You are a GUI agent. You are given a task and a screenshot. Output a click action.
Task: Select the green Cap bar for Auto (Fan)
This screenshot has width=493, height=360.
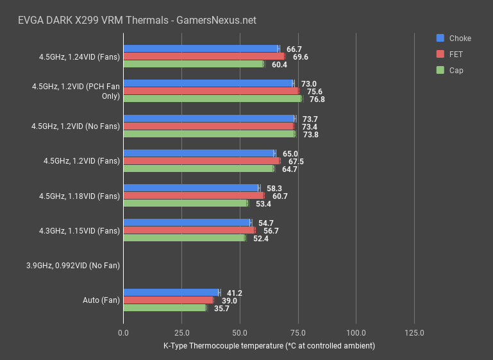[x=165, y=308]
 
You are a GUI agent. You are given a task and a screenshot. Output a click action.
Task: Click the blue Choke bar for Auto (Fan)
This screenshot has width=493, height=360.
[x=171, y=292]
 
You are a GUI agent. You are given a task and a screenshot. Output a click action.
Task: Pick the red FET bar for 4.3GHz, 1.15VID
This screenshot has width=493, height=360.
[x=189, y=230]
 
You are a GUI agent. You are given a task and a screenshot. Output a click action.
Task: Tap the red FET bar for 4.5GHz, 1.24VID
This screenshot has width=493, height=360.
[x=204, y=56]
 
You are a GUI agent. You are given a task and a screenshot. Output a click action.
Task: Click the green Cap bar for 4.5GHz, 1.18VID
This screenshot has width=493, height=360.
[x=185, y=203]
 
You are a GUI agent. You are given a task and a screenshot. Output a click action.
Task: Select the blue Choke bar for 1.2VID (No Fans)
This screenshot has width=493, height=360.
[x=209, y=119]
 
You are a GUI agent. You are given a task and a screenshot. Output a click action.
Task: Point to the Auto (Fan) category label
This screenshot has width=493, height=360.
[x=101, y=300]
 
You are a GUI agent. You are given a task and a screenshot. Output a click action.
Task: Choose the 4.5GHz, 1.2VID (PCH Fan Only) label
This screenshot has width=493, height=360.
[x=76, y=90]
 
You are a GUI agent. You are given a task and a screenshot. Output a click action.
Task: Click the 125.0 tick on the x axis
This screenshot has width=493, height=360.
[x=414, y=333]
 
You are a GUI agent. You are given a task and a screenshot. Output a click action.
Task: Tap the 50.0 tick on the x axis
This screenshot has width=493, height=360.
[x=240, y=333]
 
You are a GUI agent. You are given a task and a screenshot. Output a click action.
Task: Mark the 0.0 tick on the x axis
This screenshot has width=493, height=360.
[x=124, y=333]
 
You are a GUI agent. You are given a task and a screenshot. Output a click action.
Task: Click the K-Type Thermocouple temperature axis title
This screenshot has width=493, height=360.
[x=269, y=346]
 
